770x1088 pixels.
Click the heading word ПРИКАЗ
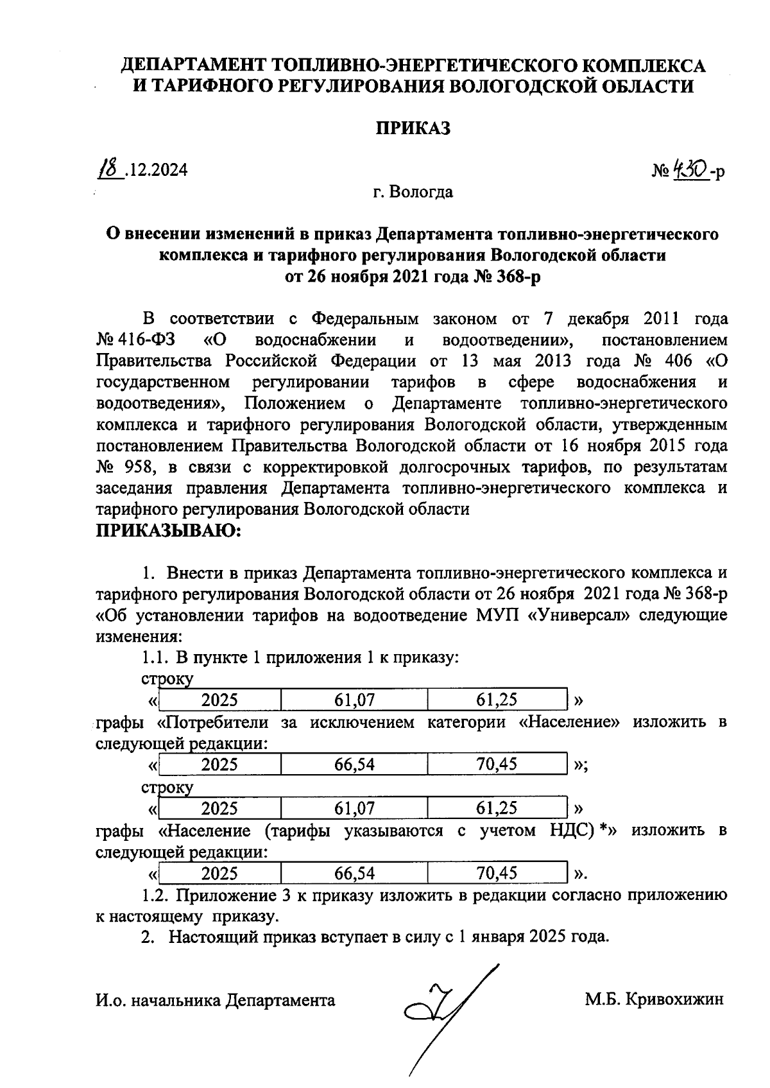tap(413, 128)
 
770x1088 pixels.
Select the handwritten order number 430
tap(689, 169)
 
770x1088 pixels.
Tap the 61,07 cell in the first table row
tap(354, 700)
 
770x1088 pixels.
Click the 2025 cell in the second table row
tap(219, 764)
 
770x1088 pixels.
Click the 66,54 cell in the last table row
tap(354, 873)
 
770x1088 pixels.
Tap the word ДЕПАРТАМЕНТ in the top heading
tap(194, 65)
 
